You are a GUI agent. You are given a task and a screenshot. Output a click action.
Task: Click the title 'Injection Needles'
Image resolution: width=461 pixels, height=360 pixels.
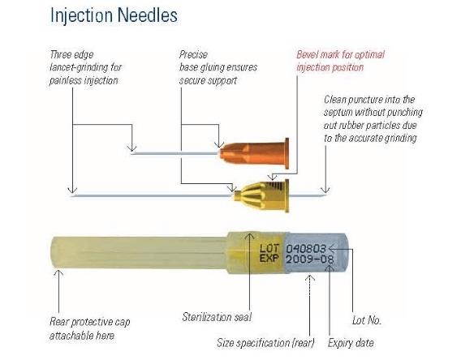pos(114,15)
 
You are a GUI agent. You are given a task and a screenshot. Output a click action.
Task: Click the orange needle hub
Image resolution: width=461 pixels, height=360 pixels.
pos(254,153)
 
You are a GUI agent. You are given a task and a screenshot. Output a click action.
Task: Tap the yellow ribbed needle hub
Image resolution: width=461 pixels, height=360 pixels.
pos(261,195)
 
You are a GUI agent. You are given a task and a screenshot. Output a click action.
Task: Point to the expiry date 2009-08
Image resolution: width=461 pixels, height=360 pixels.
pos(310,259)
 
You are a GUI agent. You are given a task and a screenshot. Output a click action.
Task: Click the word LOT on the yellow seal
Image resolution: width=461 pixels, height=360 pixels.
pos(269,248)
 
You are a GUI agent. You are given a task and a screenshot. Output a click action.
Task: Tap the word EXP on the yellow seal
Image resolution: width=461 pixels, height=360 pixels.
pos(269,258)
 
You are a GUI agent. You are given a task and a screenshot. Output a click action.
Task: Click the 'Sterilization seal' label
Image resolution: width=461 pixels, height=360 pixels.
pos(217,317)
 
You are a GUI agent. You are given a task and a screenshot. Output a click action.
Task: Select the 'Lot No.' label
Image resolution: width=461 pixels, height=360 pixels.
pos(367,320)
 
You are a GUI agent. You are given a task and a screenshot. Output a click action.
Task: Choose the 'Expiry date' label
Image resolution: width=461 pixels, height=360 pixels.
pos(351,343)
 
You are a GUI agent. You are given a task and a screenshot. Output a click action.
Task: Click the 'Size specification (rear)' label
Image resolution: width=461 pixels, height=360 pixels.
pos(265,343)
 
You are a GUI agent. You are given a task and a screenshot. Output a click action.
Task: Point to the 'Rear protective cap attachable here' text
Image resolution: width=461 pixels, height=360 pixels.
pos(89,328)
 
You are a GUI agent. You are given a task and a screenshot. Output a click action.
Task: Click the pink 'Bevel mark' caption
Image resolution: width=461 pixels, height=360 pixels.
pos(340,61)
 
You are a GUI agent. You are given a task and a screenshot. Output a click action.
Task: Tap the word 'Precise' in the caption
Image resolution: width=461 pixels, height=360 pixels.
pos(193,54)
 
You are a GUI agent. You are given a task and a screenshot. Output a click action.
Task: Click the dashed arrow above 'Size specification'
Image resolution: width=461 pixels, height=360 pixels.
pos(309,305)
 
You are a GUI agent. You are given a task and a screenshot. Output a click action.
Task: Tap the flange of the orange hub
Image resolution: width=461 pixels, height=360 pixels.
pos(287,153)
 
